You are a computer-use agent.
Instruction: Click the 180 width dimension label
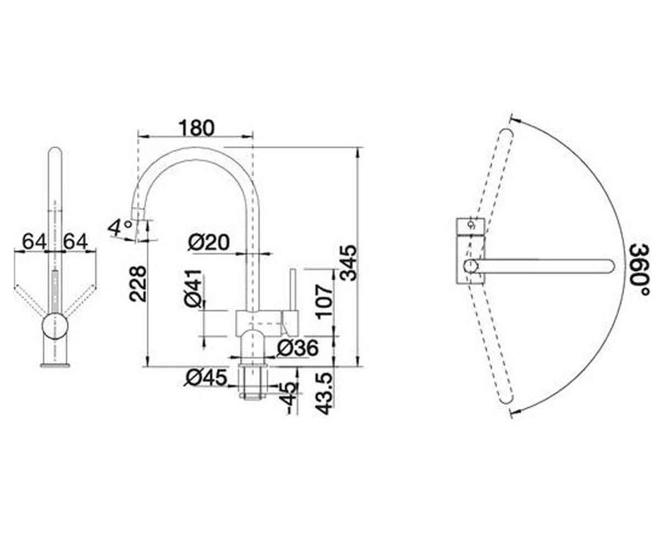pyautogui.click(x=196, y=128)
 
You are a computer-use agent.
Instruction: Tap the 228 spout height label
pyautogui.click(x=138, y=284)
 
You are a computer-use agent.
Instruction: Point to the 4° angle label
pyautogui.click(x=120, y=228)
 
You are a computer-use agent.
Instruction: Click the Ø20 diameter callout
pyautogui.click(x=208, y=243)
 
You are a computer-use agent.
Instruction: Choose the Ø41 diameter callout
pyautogui.click(x=193, y=289)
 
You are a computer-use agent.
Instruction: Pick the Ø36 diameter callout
pyautogui.click(x=298, y=348)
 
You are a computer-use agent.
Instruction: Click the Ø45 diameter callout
pyautogui.click(x=206, y=378)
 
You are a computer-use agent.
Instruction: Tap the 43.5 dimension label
pyautogui.click(x=324, y=394)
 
